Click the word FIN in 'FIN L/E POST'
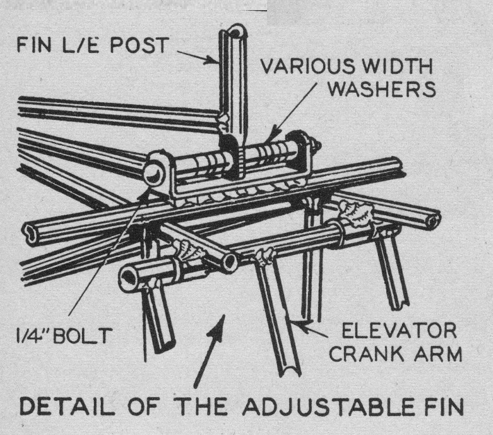[34, 45]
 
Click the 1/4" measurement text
[37, 335]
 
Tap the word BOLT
[85, 335]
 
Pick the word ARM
[439, 355]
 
